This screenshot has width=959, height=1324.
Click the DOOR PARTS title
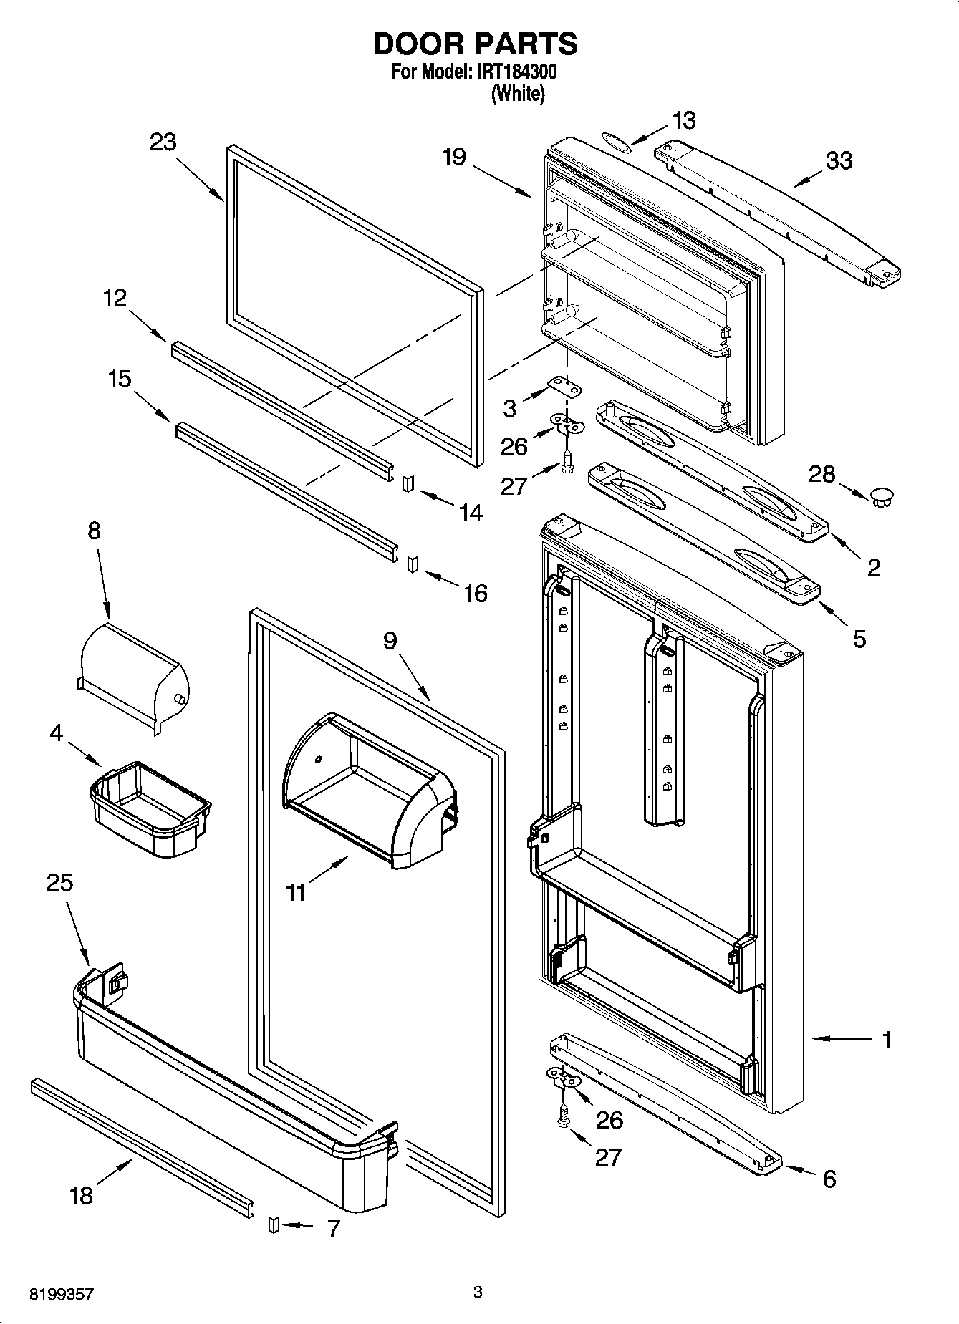click(x=475, y=44)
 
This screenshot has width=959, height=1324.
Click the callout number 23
click(x=163, y=142)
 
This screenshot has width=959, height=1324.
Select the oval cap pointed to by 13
click(x=617, y=140)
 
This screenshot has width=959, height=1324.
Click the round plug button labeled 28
click(x=882, y=496)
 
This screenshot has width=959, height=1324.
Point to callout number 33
click(x=839, y=160)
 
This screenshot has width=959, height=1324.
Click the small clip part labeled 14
click(x=407, y=484)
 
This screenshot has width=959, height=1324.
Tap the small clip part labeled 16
click(x=412, y=564)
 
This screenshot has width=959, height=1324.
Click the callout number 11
click(x=296, y=892)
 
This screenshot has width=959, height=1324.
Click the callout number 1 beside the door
click(x=887, y=1040)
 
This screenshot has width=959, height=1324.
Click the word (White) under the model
click(x=518, y=94)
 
